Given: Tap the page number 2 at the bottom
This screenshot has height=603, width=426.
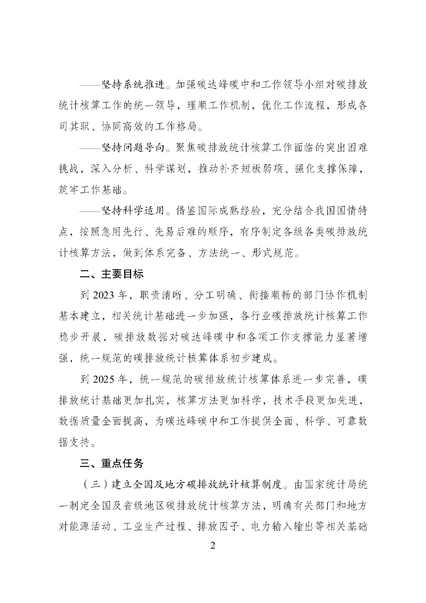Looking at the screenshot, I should pyautogui.click(x=213, y=545).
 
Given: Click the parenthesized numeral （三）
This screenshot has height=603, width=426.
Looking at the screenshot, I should pyautogui.click(x=91, y=486).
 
